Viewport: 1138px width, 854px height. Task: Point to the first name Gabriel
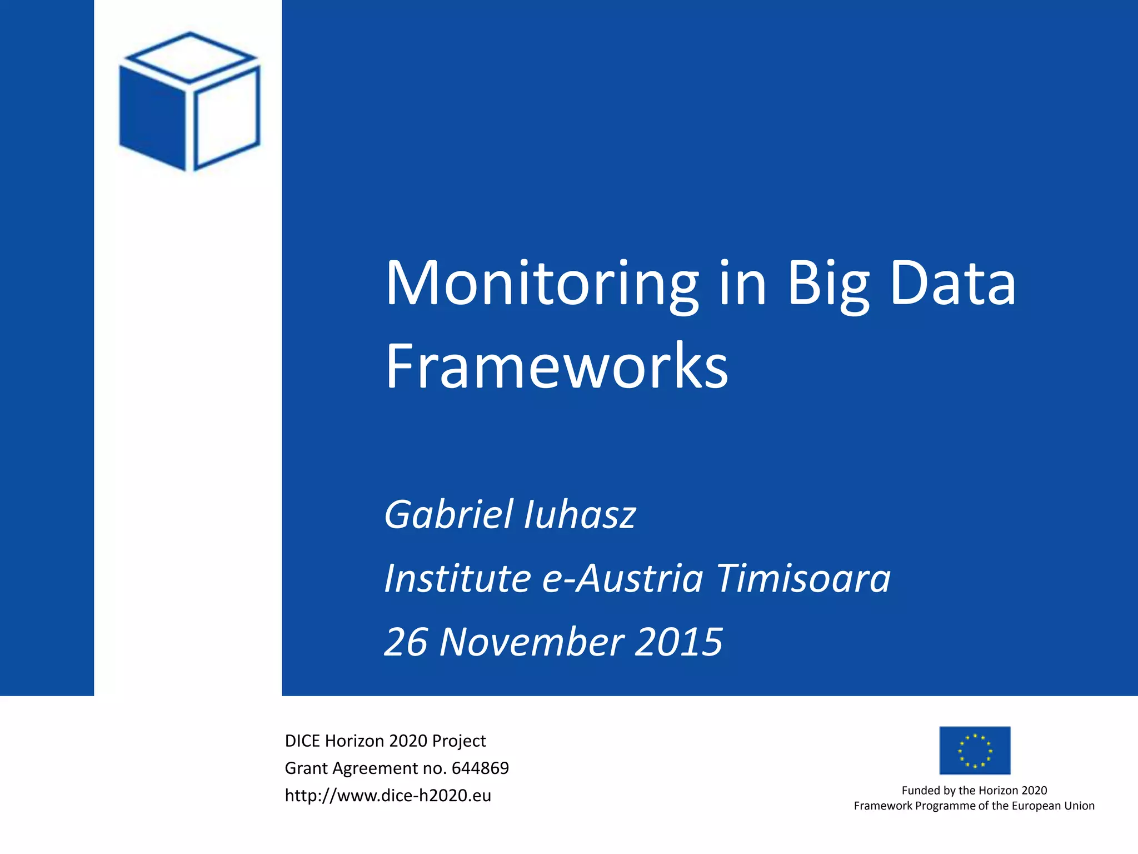point(449,514)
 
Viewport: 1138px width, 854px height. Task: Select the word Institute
point(458,578)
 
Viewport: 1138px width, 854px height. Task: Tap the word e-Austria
point(622,578)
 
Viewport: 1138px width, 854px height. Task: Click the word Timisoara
point(803,578)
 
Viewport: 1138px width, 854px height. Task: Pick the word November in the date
point(532,642)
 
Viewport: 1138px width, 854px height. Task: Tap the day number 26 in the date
point(406,642)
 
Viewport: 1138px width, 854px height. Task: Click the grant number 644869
point(480,768)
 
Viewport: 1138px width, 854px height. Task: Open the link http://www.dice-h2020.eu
point(388,796)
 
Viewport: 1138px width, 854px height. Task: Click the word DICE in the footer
point(302,741)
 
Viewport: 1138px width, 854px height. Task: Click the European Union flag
point(975,751)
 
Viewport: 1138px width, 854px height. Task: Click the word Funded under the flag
point(920,791)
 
